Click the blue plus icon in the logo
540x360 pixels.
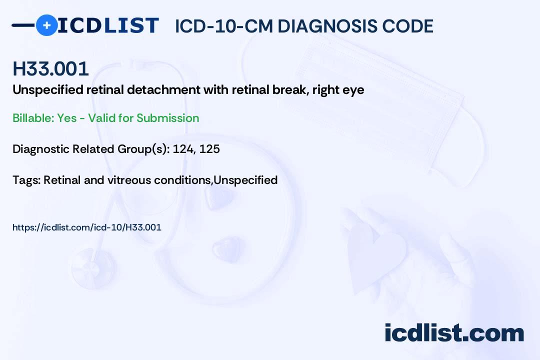pos(46,25)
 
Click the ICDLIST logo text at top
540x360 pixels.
pos(108,25)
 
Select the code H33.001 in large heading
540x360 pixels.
pos(50,68)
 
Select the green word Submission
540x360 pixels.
pos(167,118)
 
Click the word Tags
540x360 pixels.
pos(25,180)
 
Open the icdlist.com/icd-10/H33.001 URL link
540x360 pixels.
pos(86,227)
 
